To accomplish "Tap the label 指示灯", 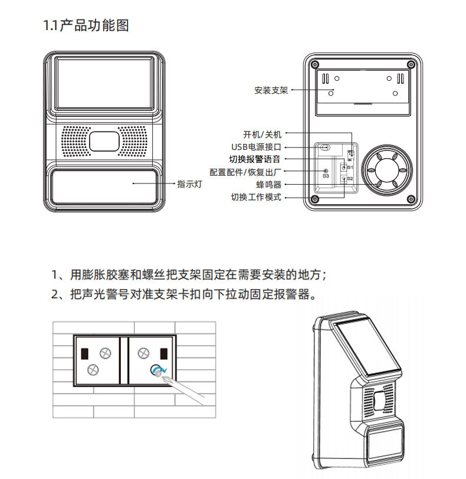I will click(x=190, y=183).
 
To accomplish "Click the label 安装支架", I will click(x=271, y=90).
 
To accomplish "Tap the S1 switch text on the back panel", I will click(x=349, y=169).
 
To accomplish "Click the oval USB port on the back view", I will click(x=325, y=147).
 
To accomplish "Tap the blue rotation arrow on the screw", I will click(x=158, y=370).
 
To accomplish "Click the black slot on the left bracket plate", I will click(x=84, y=354).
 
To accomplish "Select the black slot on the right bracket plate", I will click(x=163, y=354).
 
